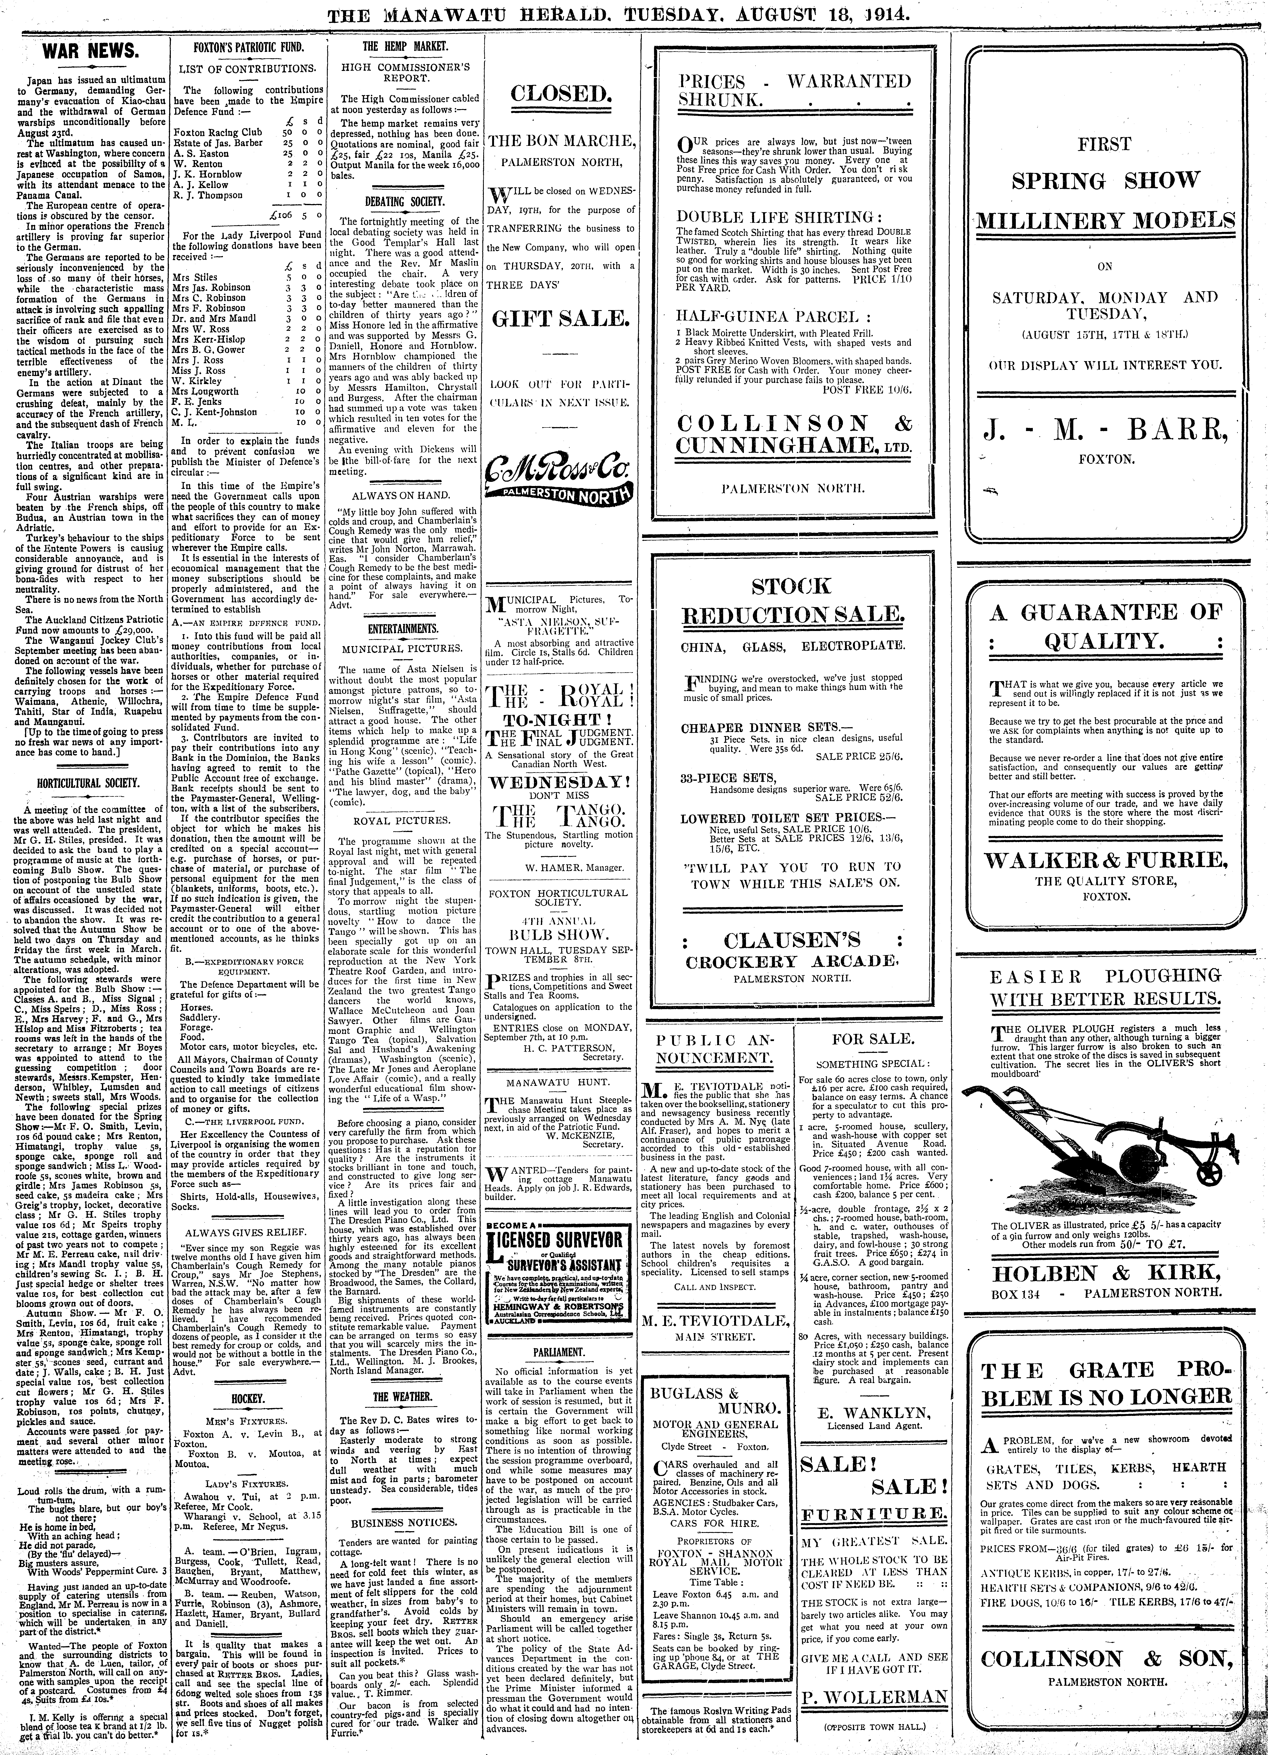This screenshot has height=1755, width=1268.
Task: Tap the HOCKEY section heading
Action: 248,1399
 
